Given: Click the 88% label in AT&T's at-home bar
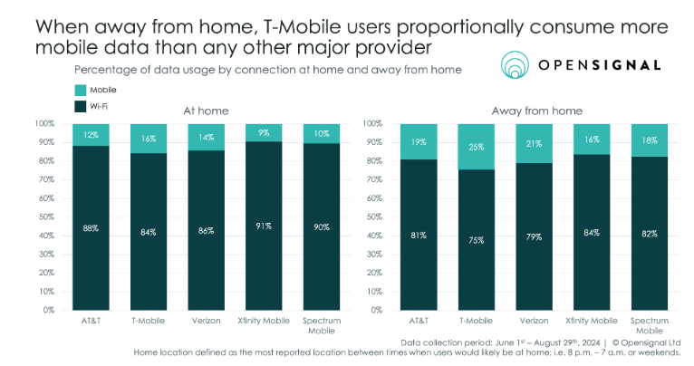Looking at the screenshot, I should tap(90, 228).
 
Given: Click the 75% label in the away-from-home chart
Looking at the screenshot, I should tap(476, 240).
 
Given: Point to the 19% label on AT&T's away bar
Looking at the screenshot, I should tap(418, 143).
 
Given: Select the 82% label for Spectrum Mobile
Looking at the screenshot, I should tap(649, 234).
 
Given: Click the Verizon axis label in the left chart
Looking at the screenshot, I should tap(206, 320).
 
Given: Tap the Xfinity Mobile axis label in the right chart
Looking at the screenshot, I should tap(591, 320).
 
